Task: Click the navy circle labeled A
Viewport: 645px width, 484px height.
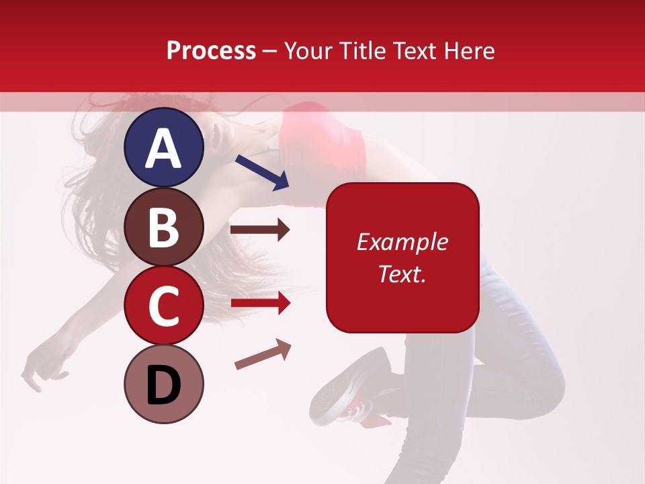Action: point(163,147)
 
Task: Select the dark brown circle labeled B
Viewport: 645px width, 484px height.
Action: point(163,227)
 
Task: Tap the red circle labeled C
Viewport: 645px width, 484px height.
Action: point(163,305)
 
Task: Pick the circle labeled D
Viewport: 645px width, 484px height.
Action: point(163,384)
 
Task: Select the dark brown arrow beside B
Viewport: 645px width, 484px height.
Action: point(260,230)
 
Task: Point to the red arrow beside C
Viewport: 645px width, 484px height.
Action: point(260,303)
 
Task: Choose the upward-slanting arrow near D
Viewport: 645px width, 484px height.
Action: point(263,354)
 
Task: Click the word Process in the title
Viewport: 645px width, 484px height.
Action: point(211,50)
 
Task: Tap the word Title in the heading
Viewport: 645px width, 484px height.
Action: point(363,50)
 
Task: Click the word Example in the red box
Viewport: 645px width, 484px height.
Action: point(402,242)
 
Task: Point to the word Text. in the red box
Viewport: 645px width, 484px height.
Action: point(402,274)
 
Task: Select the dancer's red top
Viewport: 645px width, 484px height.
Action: point(322,141)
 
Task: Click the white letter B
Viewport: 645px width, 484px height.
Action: point(163,227)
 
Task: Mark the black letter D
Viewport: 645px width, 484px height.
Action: point(163,385)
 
